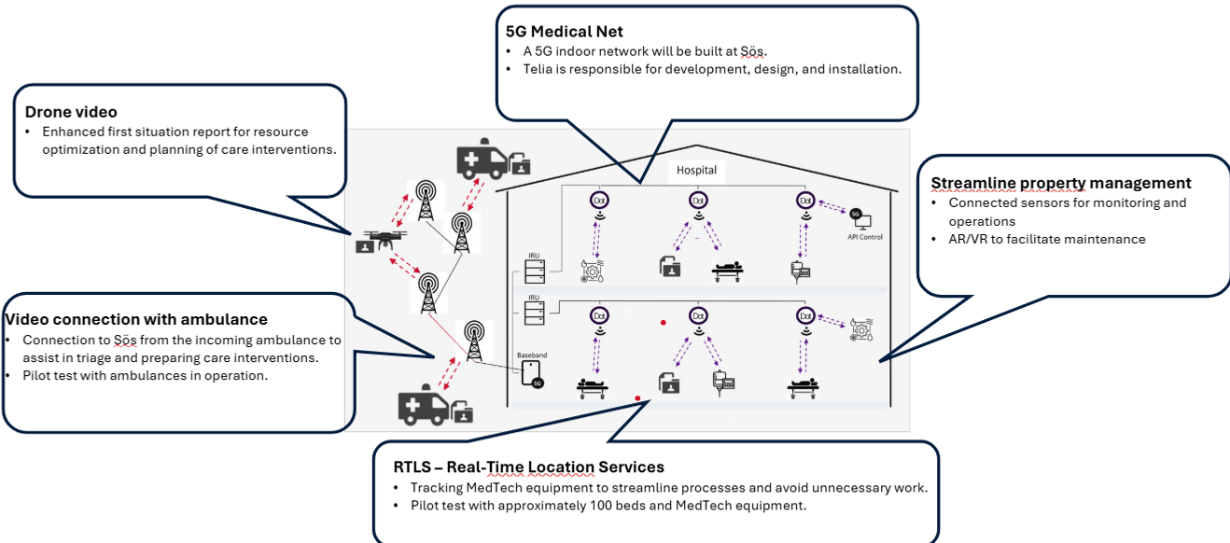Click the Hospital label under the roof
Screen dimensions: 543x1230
coord(696,171)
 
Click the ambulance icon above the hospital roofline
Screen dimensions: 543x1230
coord(482,160)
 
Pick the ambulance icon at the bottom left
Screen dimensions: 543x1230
coord(424,406)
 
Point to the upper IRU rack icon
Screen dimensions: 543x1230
coord(535,271)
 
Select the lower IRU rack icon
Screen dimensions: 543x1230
coord(535,313)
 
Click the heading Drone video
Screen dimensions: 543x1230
coord(71,113)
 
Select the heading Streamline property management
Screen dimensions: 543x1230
coord(1061,183)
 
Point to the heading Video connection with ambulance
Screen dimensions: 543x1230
coord(135,320)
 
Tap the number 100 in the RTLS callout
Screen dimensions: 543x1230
coord(604,506)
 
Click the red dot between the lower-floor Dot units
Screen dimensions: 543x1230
coord(663,323)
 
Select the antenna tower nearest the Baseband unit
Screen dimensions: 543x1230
coord(474,341)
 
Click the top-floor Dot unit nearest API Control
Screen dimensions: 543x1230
coord(805,200)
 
